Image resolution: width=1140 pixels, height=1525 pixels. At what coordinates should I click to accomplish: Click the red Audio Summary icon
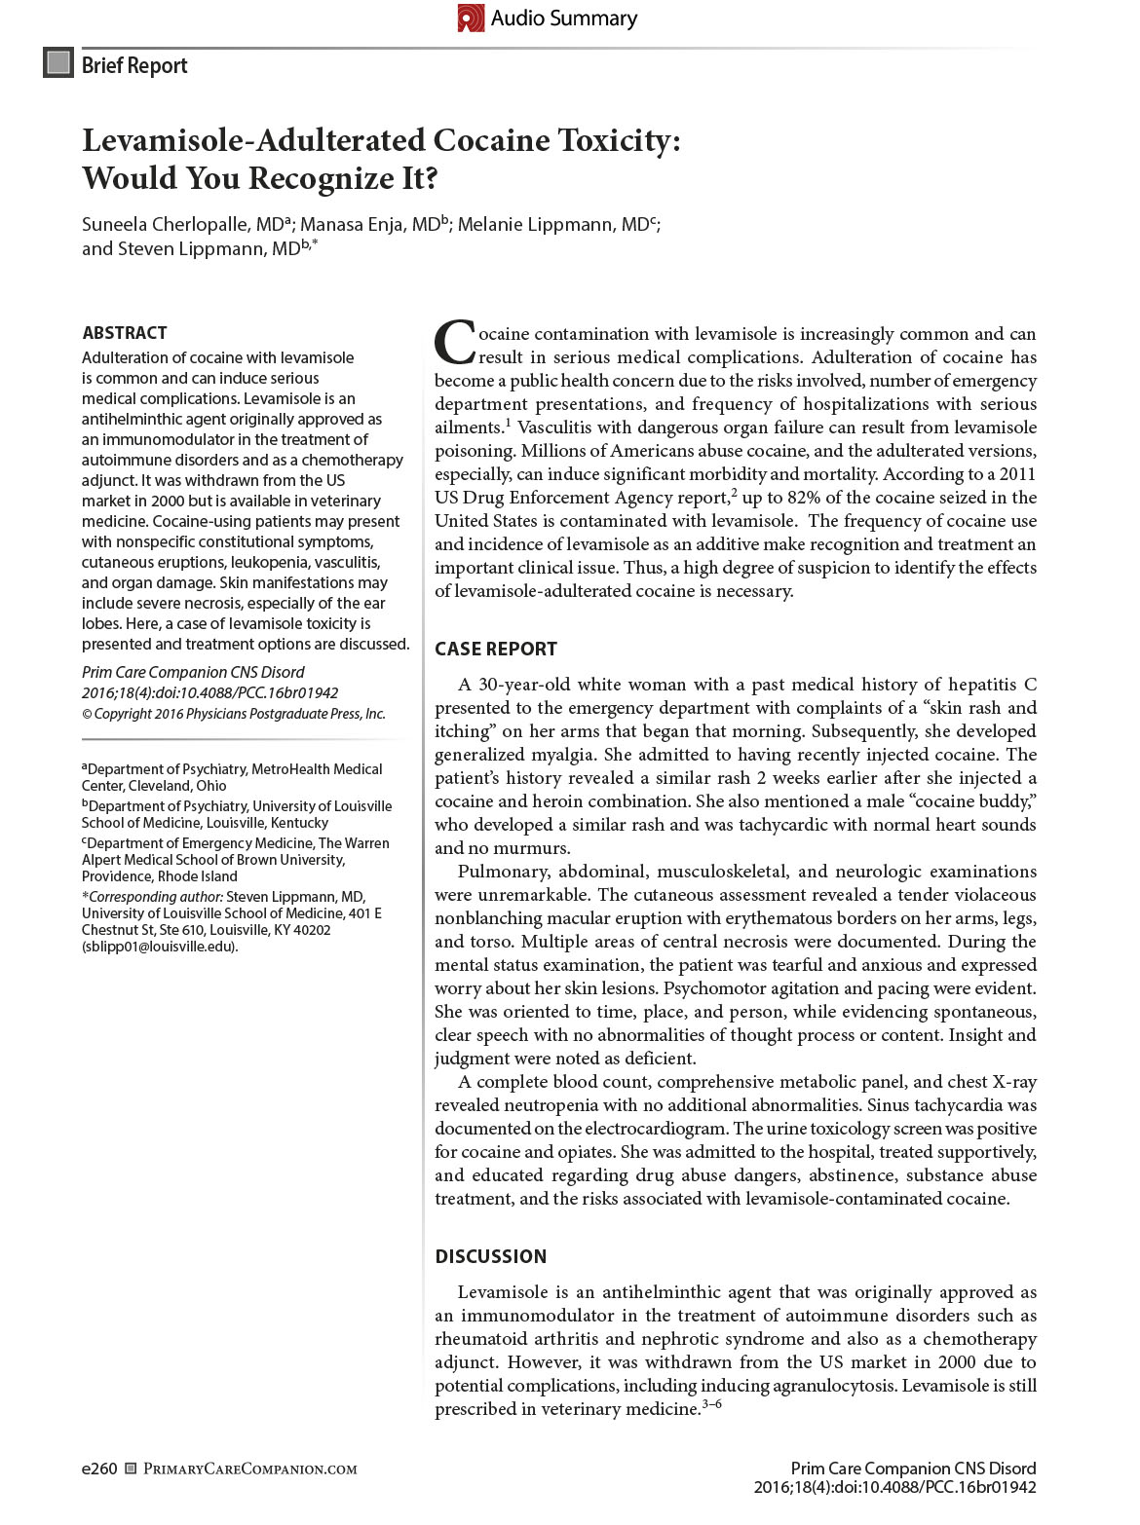471,18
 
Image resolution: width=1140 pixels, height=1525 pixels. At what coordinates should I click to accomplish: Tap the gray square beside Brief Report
58,63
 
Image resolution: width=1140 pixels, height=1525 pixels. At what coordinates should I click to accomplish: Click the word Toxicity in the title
618,141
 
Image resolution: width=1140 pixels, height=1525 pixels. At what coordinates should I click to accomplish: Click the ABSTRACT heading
125,333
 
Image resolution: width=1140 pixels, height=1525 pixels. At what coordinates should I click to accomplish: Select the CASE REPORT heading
496,649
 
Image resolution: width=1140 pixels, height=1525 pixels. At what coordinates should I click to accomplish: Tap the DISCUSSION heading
490,1256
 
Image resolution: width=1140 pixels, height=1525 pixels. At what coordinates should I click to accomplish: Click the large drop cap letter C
454,343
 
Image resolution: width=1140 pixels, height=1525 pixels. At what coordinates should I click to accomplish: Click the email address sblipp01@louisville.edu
159,947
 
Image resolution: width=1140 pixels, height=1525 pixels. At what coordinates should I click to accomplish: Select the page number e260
99,1469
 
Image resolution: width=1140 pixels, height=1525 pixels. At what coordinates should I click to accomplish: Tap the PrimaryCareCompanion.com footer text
249,1469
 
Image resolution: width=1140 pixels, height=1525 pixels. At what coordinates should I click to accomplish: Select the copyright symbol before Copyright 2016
87,714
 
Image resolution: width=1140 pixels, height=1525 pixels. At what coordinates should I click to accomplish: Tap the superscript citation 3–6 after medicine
711,1404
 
